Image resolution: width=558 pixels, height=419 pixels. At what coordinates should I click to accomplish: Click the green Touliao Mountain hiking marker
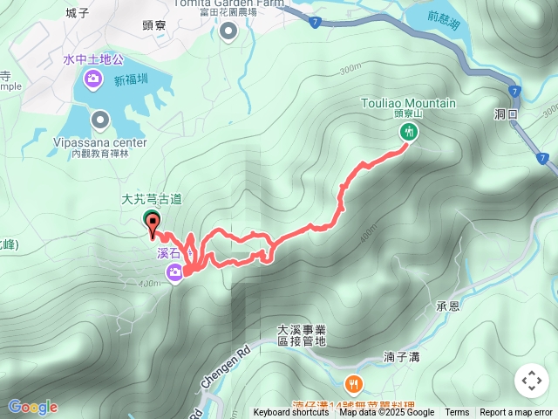pos(408,132)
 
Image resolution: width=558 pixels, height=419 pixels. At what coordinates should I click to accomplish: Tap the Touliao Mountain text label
pos(408,103)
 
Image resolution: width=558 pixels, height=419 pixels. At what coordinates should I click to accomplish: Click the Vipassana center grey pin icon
pos(99,120)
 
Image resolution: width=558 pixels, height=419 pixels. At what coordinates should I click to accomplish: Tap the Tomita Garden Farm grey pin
pos(228,31)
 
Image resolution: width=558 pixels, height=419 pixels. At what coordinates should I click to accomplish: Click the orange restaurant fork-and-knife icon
pos(354,383)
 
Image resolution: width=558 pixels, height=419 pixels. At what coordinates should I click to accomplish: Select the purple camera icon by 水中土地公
pos(92,81)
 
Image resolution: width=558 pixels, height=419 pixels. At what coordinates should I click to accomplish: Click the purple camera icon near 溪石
pos(176,273)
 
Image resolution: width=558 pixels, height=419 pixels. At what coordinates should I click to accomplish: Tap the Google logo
pos(32,407)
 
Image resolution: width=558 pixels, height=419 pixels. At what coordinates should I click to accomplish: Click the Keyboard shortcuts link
pos(291,413)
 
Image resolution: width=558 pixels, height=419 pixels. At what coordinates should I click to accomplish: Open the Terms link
pos(457,413)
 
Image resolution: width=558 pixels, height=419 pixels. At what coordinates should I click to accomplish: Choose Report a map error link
pos(515,413)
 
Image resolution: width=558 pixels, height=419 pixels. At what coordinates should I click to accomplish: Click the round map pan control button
pos(531,381)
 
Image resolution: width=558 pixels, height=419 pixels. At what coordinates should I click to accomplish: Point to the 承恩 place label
pos(447,306)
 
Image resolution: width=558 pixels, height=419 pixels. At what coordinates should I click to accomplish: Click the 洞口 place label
pos(506,114)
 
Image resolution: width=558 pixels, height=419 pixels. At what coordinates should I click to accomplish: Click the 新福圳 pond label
pos(131,80)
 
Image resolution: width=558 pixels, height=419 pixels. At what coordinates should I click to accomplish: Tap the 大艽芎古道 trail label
pos(152,199)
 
